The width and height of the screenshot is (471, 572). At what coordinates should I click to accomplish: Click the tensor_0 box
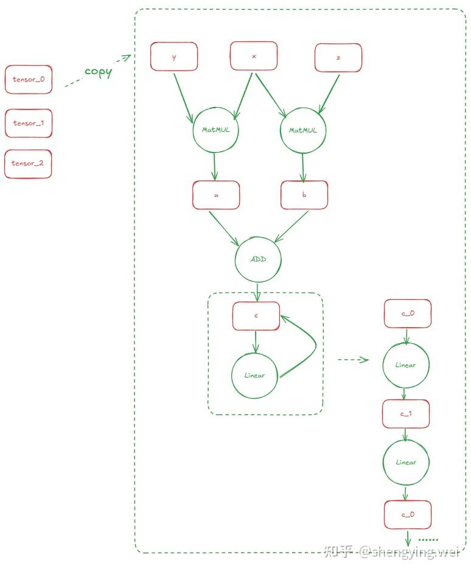[x=29, y=80]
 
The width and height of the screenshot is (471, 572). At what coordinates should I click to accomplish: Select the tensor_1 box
[x=29, y=123]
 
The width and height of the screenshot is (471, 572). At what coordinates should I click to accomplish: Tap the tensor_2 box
[x=29, y=164]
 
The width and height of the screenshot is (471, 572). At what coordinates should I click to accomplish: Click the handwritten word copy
[x=98, y=71]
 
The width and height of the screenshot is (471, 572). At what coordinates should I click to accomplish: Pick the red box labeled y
[x=174, y=57]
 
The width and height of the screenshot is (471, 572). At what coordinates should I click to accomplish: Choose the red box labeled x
[x=254, y=57]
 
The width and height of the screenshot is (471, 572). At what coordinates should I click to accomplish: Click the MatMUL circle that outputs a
[x=215, y=130]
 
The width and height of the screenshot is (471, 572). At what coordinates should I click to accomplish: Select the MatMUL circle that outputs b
[x=303, y=130]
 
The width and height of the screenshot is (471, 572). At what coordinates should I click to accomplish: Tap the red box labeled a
[x=216, y=196]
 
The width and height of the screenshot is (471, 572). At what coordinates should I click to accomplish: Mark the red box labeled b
[x=304, y=195]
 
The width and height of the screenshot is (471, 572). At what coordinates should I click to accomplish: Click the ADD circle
[x=258, y=260]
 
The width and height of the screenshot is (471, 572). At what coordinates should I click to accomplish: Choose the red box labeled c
[x=256, y=316]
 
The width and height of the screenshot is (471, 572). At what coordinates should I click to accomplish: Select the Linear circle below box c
[x=254, y=375]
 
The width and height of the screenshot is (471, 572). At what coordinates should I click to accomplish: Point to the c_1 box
[x=406, y=413]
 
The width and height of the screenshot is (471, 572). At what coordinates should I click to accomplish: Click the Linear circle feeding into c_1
[x=406, y=365]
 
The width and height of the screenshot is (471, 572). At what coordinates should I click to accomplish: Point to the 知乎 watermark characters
[x=338, y=551]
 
